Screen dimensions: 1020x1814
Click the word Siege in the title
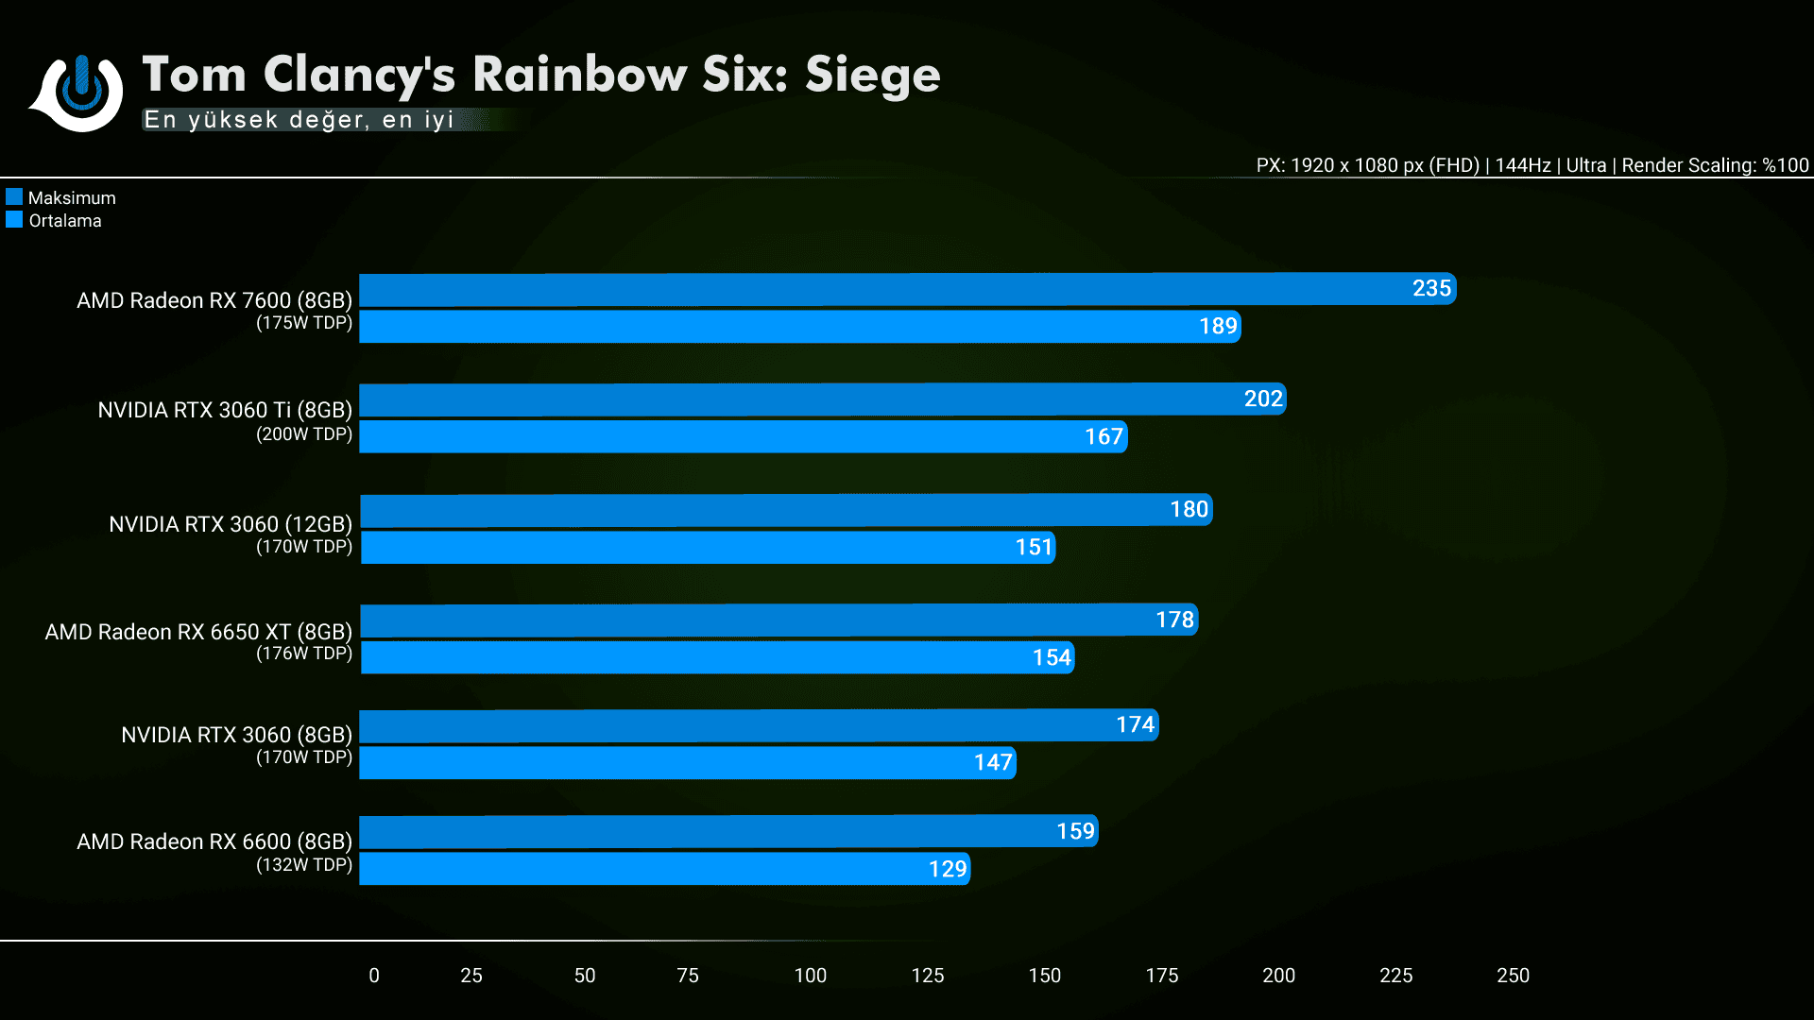(872, 76)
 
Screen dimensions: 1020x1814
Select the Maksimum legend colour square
(14, 197)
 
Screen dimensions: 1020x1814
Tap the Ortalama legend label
(65, 221)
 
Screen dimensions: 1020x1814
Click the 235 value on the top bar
(1431, 289)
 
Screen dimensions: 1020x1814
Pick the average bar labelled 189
(799, 327)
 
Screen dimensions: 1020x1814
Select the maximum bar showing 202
(822, 399)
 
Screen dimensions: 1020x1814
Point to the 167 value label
(1104, 437)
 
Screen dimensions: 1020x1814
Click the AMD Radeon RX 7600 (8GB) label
(214, 300)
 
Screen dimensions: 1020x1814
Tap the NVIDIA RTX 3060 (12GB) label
(231, 524)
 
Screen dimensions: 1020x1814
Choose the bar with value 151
(708, 548)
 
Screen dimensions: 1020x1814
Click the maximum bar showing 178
(779, 620)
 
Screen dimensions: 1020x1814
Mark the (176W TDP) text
(304, 654)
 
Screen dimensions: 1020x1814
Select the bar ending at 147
(688, 763)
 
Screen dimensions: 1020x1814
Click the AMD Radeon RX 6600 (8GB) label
(214, 841)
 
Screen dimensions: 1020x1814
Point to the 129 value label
(948, 870)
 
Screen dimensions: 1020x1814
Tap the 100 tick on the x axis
(810, 976)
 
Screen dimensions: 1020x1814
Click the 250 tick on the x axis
(1513, 976)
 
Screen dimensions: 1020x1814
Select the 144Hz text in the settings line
(1523, 166)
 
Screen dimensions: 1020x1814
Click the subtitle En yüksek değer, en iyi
(299, 120)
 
